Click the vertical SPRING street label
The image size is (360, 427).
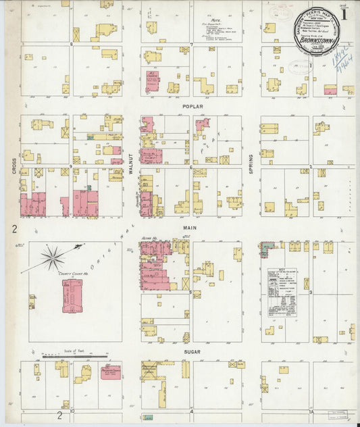[x=250, y=163]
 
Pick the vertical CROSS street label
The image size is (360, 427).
[x=14, y=166]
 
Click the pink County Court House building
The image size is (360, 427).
[x=72, y=295]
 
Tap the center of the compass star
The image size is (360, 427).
[x=52, y=257]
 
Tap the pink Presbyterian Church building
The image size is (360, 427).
[x=110, y=372]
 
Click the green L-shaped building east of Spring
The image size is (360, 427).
[x=266, y=249]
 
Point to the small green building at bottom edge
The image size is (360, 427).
[x=148, y=418]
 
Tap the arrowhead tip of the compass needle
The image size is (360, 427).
[x=83, y=244]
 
